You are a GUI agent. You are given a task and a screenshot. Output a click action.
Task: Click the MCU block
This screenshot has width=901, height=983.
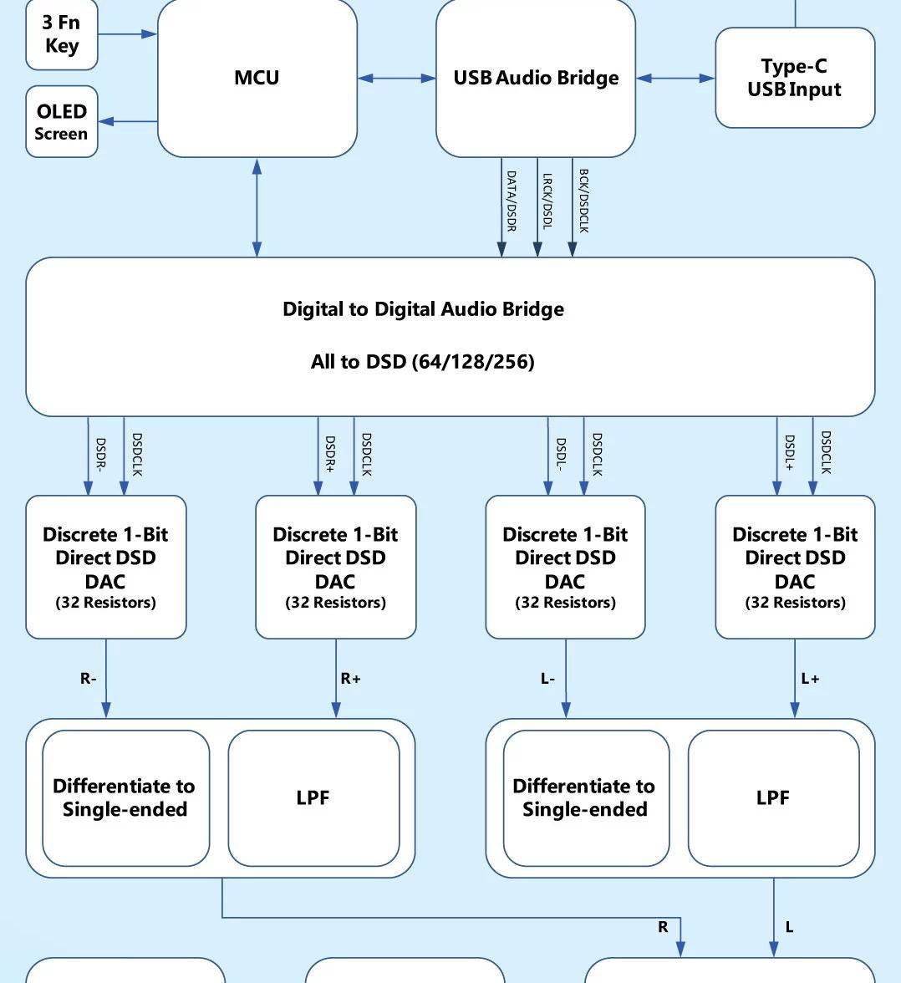pos(257,78)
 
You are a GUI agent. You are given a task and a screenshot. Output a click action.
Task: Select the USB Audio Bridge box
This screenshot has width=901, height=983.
pos(536,78)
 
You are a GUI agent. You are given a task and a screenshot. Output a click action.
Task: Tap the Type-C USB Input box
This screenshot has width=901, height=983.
pos(794,78)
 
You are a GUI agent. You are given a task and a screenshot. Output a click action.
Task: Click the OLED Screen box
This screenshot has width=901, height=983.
pos(62,122)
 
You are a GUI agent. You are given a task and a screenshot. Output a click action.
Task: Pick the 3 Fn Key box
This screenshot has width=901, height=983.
pos(62,34)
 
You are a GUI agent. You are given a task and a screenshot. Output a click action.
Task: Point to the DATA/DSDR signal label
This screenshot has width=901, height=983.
pos(512,201)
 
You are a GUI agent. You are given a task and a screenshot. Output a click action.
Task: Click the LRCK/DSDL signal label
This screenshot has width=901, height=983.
pos(547,201)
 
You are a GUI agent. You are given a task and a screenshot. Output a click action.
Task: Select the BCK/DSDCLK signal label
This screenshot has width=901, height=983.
pos(583,201)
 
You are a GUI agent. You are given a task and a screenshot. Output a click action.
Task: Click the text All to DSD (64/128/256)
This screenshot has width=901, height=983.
pos(422,362)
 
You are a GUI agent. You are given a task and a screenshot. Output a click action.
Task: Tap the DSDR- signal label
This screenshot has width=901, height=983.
pos(100,456)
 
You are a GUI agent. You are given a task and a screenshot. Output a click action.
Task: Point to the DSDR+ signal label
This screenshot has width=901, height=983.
pos(330,456)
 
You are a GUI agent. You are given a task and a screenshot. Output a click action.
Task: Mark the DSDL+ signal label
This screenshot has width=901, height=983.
pos(789,456)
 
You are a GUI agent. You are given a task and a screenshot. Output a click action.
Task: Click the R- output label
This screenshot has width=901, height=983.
pos(89,679)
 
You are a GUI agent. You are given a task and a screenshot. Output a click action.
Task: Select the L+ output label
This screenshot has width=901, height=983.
pos(810,679)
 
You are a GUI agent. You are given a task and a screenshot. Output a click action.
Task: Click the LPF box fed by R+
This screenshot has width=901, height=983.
pos(313,798)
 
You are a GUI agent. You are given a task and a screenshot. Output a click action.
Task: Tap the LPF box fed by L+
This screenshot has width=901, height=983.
pos(773,798)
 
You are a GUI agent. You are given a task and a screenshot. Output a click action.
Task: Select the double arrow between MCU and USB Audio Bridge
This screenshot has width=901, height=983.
pos(397,79)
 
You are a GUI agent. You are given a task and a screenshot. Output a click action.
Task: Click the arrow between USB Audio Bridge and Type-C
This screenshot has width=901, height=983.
pos(675,79)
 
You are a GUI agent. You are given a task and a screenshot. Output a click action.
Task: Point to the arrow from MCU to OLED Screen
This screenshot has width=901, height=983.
pos(128,122)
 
